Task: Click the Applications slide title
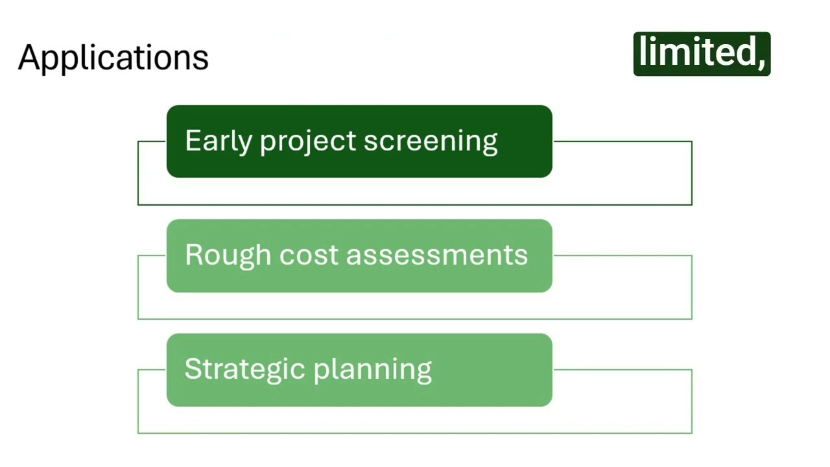pos(113,58)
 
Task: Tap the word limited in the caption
pos(696,53)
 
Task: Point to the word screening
pos(431,141)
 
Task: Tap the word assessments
pos(437,255)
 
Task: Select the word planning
pos(373,369)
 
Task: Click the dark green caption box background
pos(702,70)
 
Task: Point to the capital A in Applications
pos(29,58)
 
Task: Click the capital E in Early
pos(191,141)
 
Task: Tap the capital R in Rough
pos(193,255)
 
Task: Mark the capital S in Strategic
pos(192,369)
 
